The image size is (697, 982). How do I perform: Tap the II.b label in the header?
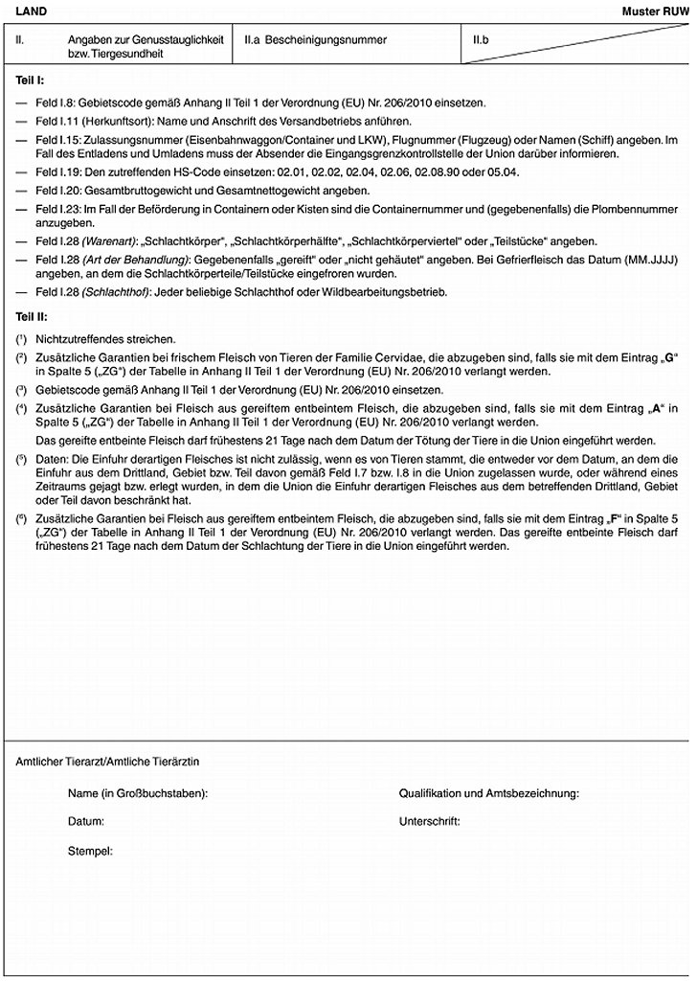482,40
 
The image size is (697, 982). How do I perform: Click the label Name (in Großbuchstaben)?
138,794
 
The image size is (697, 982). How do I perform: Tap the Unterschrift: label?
429,822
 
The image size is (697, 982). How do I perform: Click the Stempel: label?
91,851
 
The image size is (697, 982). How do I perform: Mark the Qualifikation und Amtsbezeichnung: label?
488,794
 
